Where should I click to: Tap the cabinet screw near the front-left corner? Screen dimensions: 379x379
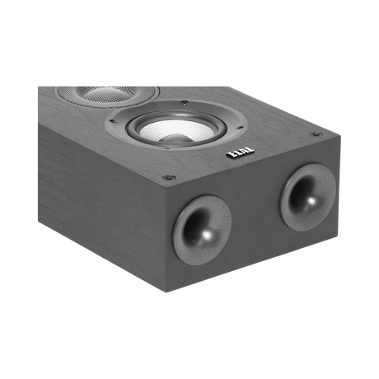[x=170, y=175]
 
